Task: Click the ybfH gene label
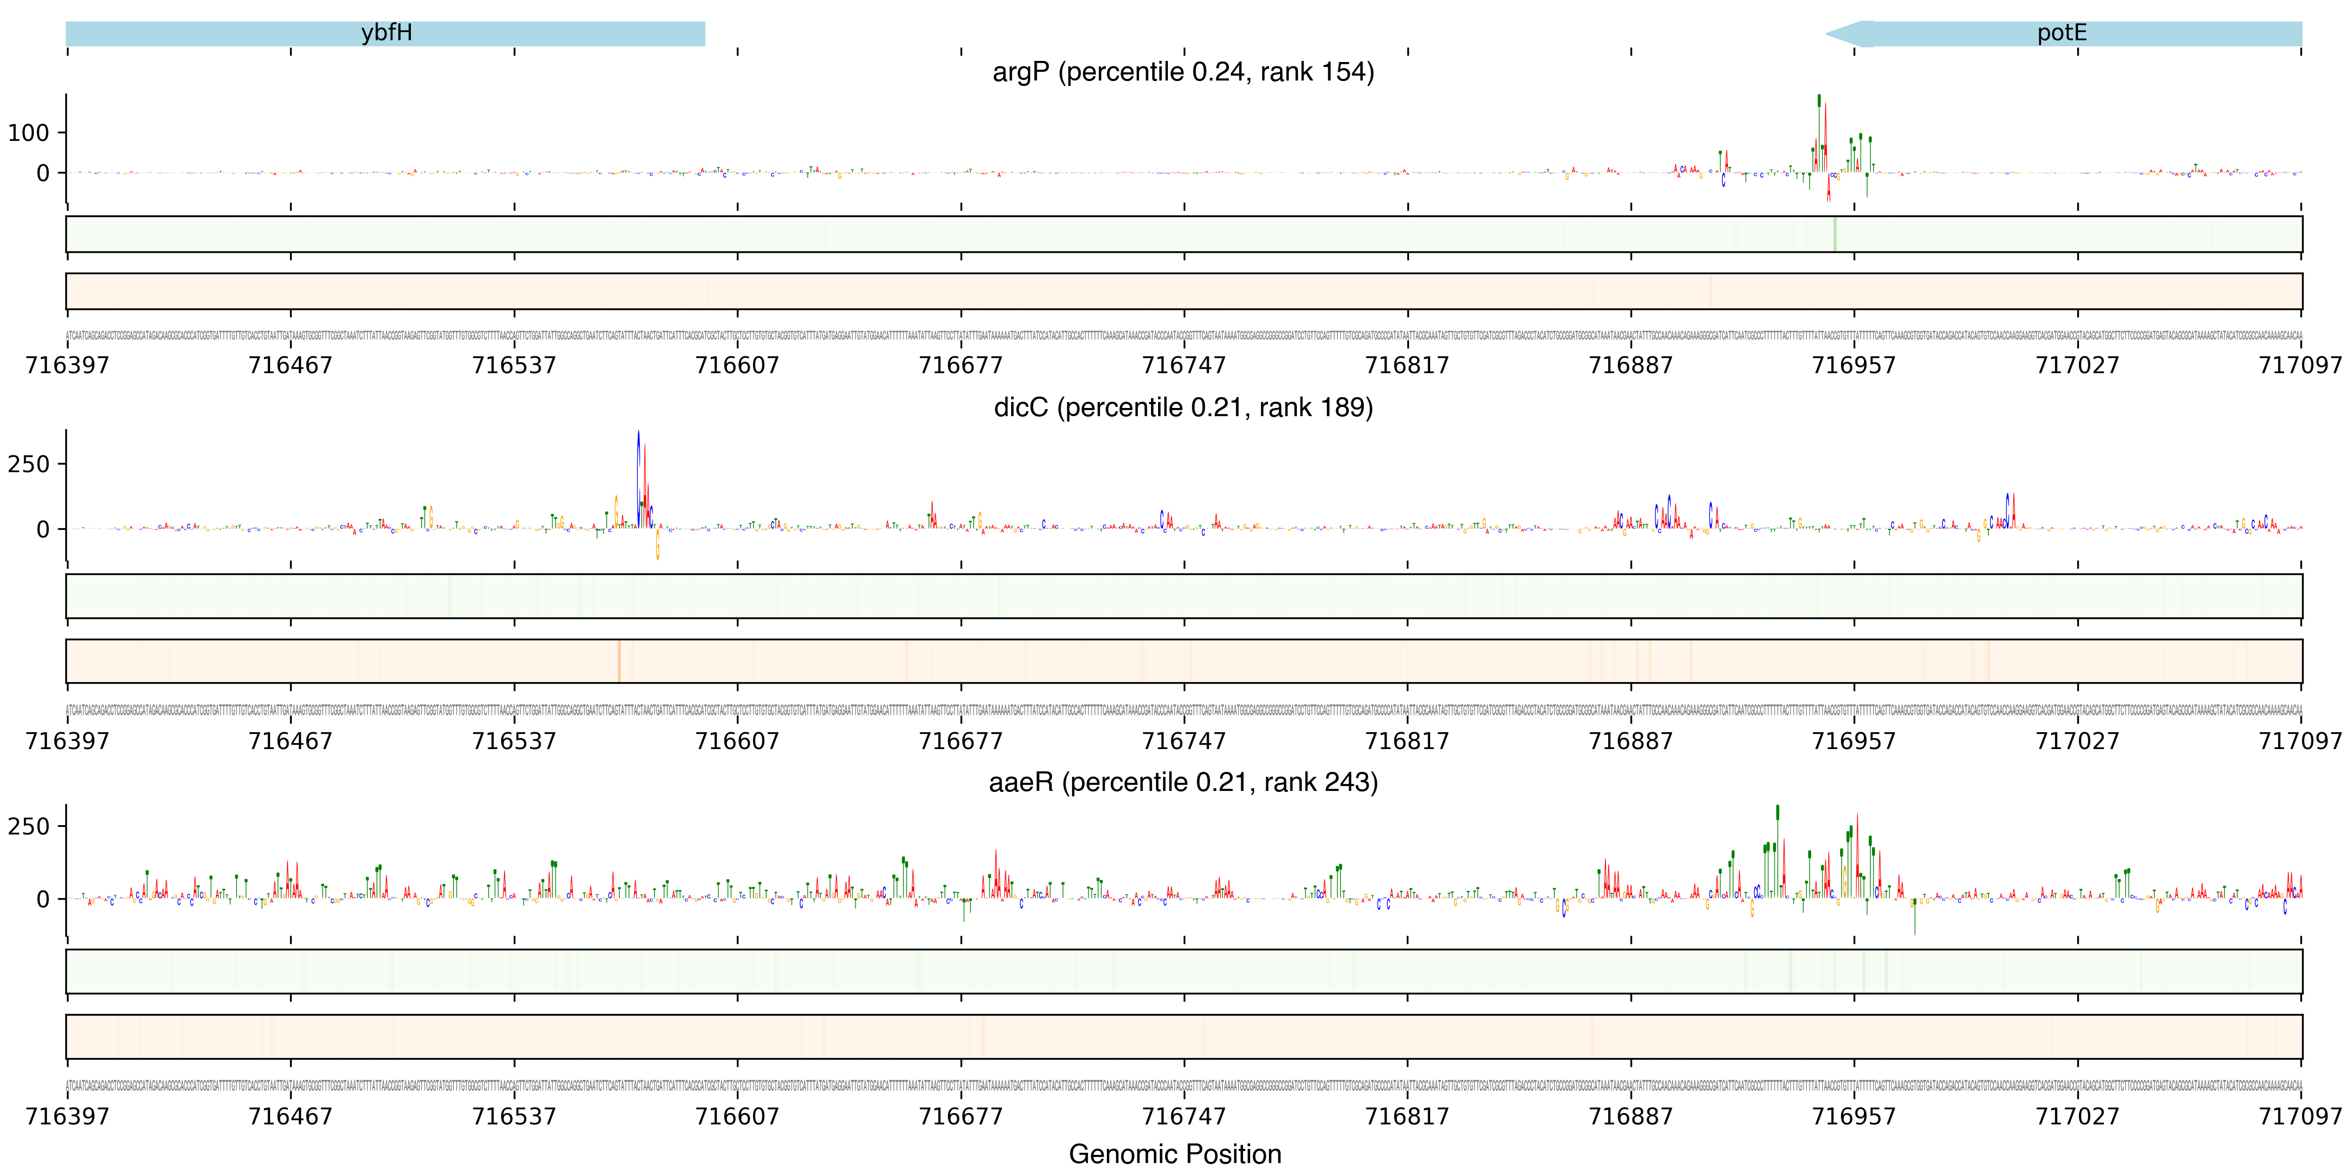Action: pos(386,33)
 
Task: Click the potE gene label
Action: pos(2061,33)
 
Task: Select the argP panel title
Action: pos(1183,71)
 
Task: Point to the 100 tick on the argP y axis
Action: pos(28,133)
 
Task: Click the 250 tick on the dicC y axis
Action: pos(28,465)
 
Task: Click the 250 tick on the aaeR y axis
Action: pos(28,826)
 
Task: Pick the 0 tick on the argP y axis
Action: pos(42,174)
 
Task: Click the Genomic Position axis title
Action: pos(1174,1154)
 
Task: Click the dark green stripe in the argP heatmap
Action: pos(1835,234)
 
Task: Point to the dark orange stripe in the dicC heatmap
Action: pos(619,660)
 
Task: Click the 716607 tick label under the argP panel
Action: pos(737,365)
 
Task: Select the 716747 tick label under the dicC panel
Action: pos(1184,741)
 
